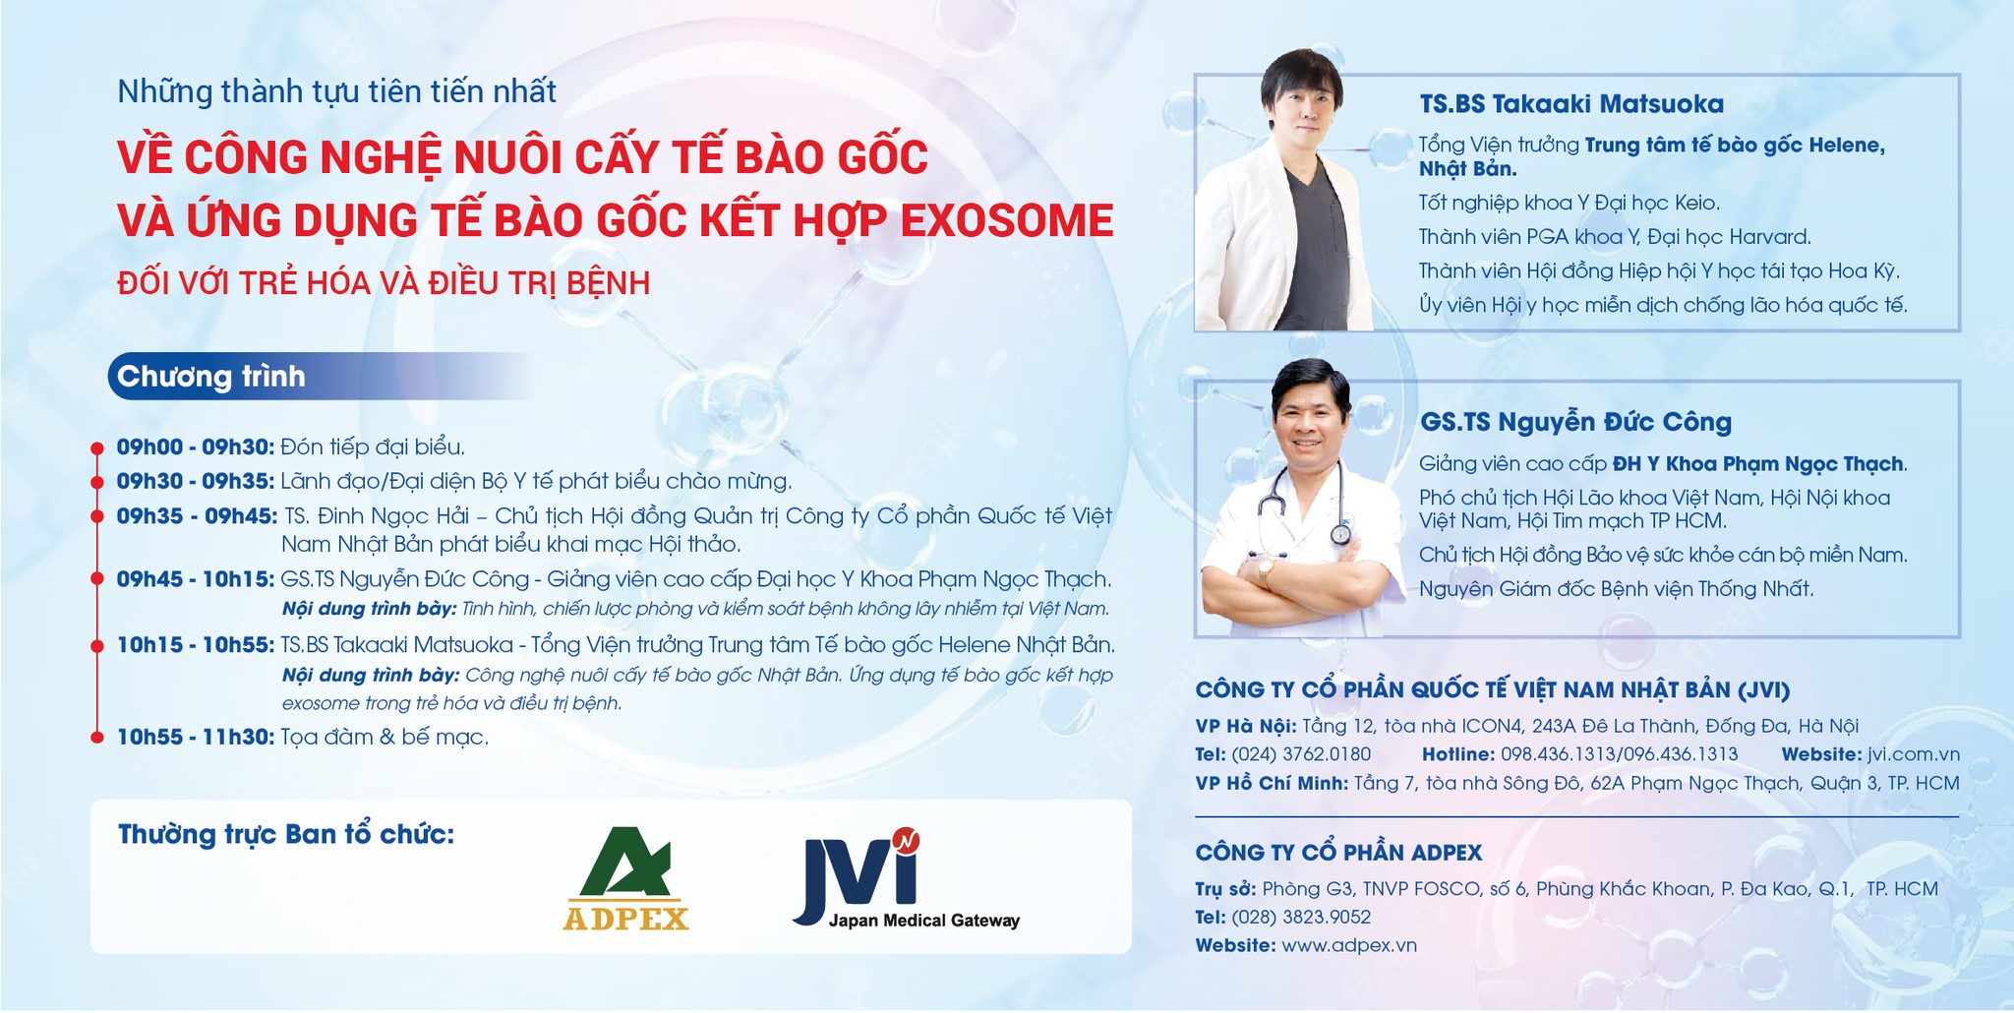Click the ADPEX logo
coord(625,879)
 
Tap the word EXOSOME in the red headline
coord(1007,220)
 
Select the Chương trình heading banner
coord(211,377)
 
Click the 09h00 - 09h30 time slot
coord(195,447)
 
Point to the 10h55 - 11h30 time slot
coord(195,737)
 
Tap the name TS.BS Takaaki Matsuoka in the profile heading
coord(1571,104)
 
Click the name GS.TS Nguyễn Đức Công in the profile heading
coord(1575,423)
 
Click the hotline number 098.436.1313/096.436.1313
coord(1619,754)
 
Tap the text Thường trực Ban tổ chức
coord(286,835)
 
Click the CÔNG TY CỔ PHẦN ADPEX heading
coord(1338,853)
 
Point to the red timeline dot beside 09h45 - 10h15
coord(96,579)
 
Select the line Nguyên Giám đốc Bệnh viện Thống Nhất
coord(1615,589)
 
